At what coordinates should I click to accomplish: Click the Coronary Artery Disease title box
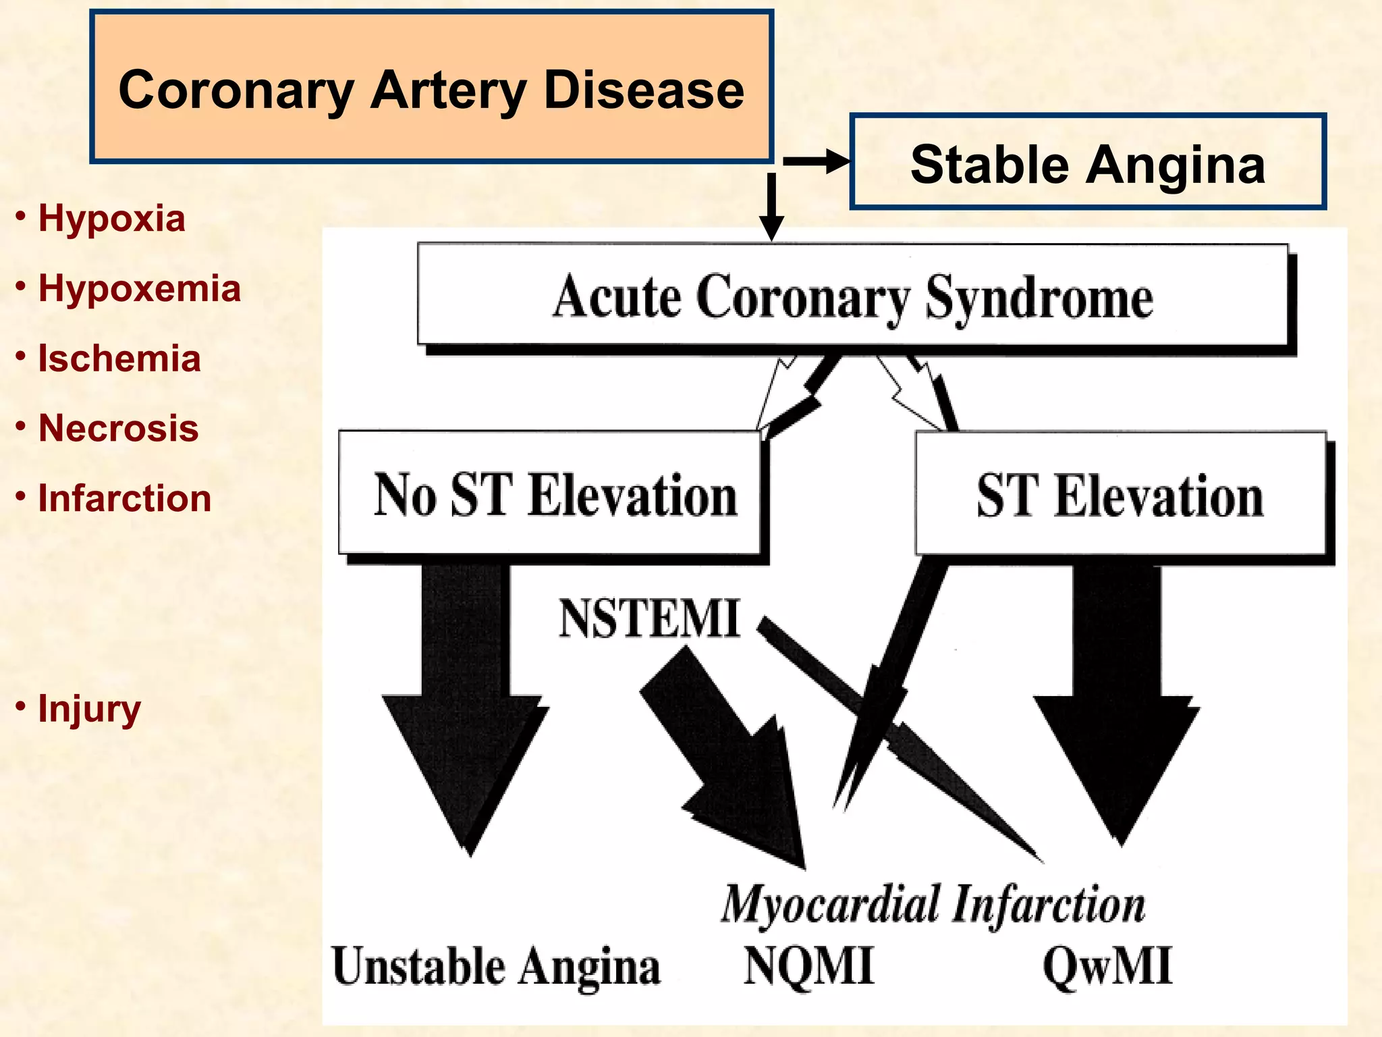tap(431, 88)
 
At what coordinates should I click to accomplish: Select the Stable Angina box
tap(1087, 163)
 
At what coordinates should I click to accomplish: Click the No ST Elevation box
tap(550, 494)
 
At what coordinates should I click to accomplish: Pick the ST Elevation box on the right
tap(1120, 494)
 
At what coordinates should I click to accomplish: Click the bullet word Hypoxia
tap(111, 218)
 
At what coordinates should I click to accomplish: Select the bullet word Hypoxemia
tap(139, 288)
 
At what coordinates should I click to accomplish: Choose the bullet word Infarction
tap(124, 498)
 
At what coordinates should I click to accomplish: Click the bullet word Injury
tap(89, 709)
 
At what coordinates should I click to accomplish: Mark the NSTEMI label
tap(648, 618)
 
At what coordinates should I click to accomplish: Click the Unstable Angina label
tap(496, 966)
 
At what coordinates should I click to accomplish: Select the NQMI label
tap(808, 965)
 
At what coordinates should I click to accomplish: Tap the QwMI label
tap(1107, 965)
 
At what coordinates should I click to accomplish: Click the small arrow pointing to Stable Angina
tap(817, 162)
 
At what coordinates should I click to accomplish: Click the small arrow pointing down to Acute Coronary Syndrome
tap(771, 206)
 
